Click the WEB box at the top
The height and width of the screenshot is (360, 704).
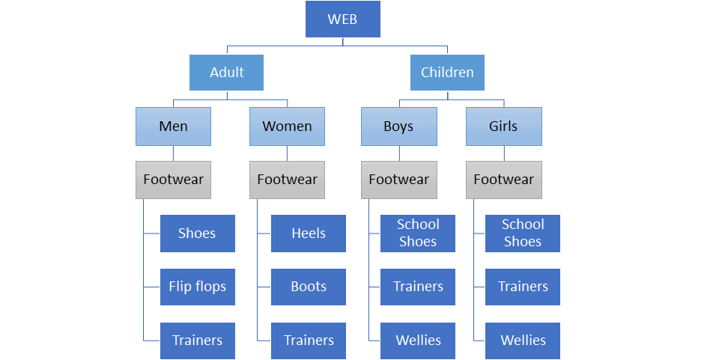(342, 19)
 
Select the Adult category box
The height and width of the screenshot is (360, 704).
(226, 73)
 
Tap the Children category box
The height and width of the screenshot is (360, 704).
(447, 73)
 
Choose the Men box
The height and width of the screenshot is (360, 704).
(173, 126)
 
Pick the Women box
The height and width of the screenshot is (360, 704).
(287, 126)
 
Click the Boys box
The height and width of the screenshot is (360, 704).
(398, 126)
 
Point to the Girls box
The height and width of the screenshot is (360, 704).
(504, 126)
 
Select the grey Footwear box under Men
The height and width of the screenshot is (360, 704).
(173, 180)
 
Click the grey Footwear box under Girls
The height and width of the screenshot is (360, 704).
(504, 180)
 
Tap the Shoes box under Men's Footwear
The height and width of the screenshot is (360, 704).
(198, 234)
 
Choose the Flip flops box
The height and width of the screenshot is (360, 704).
(198, 287)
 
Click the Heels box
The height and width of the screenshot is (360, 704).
(309, 234)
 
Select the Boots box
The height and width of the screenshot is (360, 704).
(309, 287)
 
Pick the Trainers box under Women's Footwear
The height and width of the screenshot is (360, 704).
(309, 341)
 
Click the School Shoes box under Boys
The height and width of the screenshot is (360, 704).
(418, 234)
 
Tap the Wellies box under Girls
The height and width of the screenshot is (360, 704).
(523, 341)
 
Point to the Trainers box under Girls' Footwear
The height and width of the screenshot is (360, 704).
(523, 287)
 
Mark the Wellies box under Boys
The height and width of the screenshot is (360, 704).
(418, 341)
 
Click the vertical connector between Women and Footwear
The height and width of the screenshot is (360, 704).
(288, 153)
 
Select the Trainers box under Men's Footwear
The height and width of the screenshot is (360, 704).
(198, 341)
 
